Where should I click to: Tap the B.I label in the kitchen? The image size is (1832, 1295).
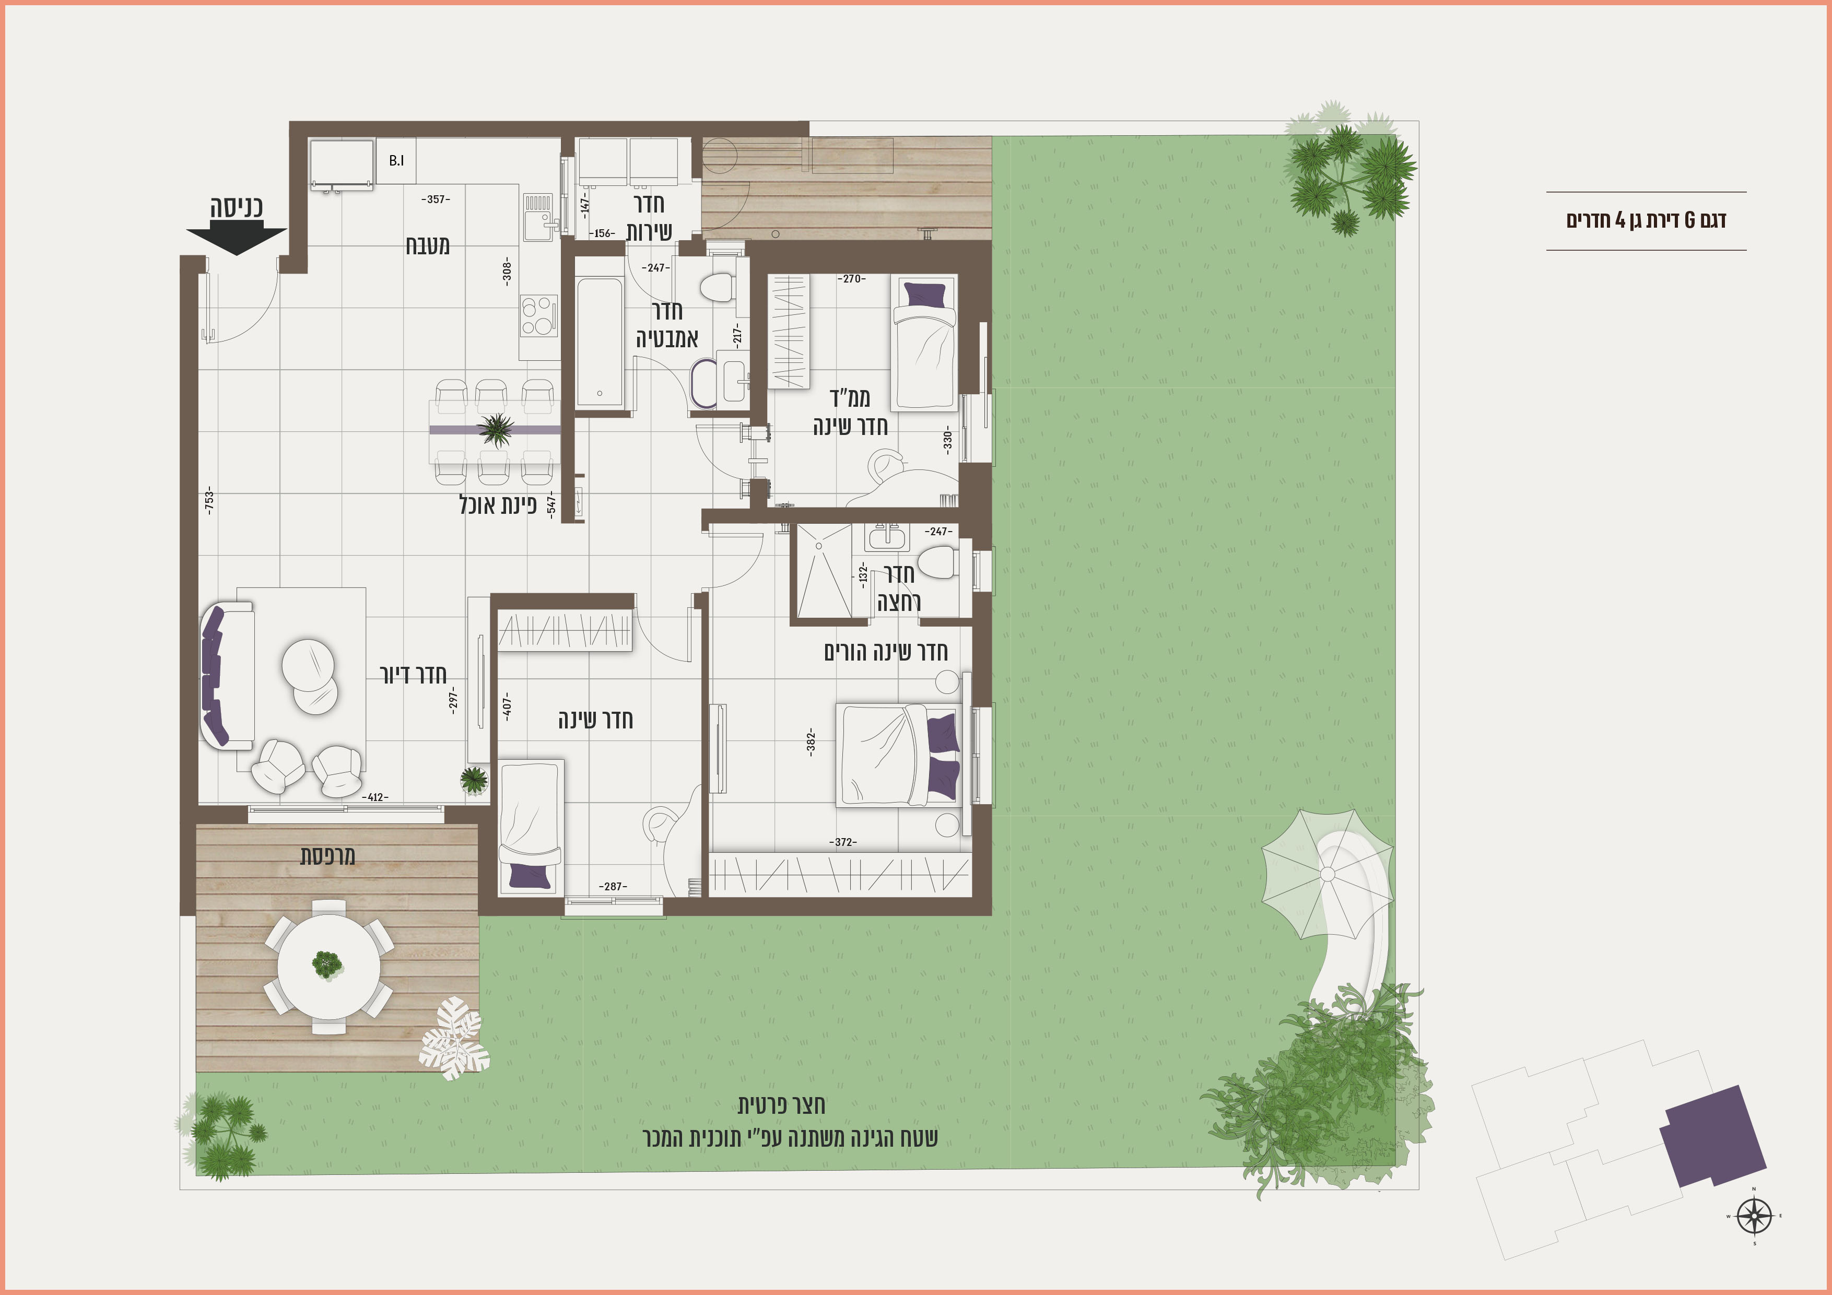pos(396,160)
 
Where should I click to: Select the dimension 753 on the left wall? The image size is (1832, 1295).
pos(209,500)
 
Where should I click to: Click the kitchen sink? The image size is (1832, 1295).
pos(539,216)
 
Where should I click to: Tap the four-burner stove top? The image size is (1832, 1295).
pos(538,316)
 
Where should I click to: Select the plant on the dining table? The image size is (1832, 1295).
pos(496,429)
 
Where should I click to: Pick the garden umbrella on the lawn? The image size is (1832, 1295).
pos(1327,875)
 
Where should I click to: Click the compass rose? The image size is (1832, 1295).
pos(1754,1216)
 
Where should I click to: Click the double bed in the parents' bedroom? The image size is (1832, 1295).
pos(898,755)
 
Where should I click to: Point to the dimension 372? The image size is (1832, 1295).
pos(843,842)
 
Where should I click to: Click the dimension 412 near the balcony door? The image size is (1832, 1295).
pos(375,797)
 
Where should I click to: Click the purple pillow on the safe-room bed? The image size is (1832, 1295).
pos(925,295)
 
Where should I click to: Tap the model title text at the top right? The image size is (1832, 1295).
pos(1646,220)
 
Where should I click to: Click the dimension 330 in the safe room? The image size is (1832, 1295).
pos(948,440)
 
